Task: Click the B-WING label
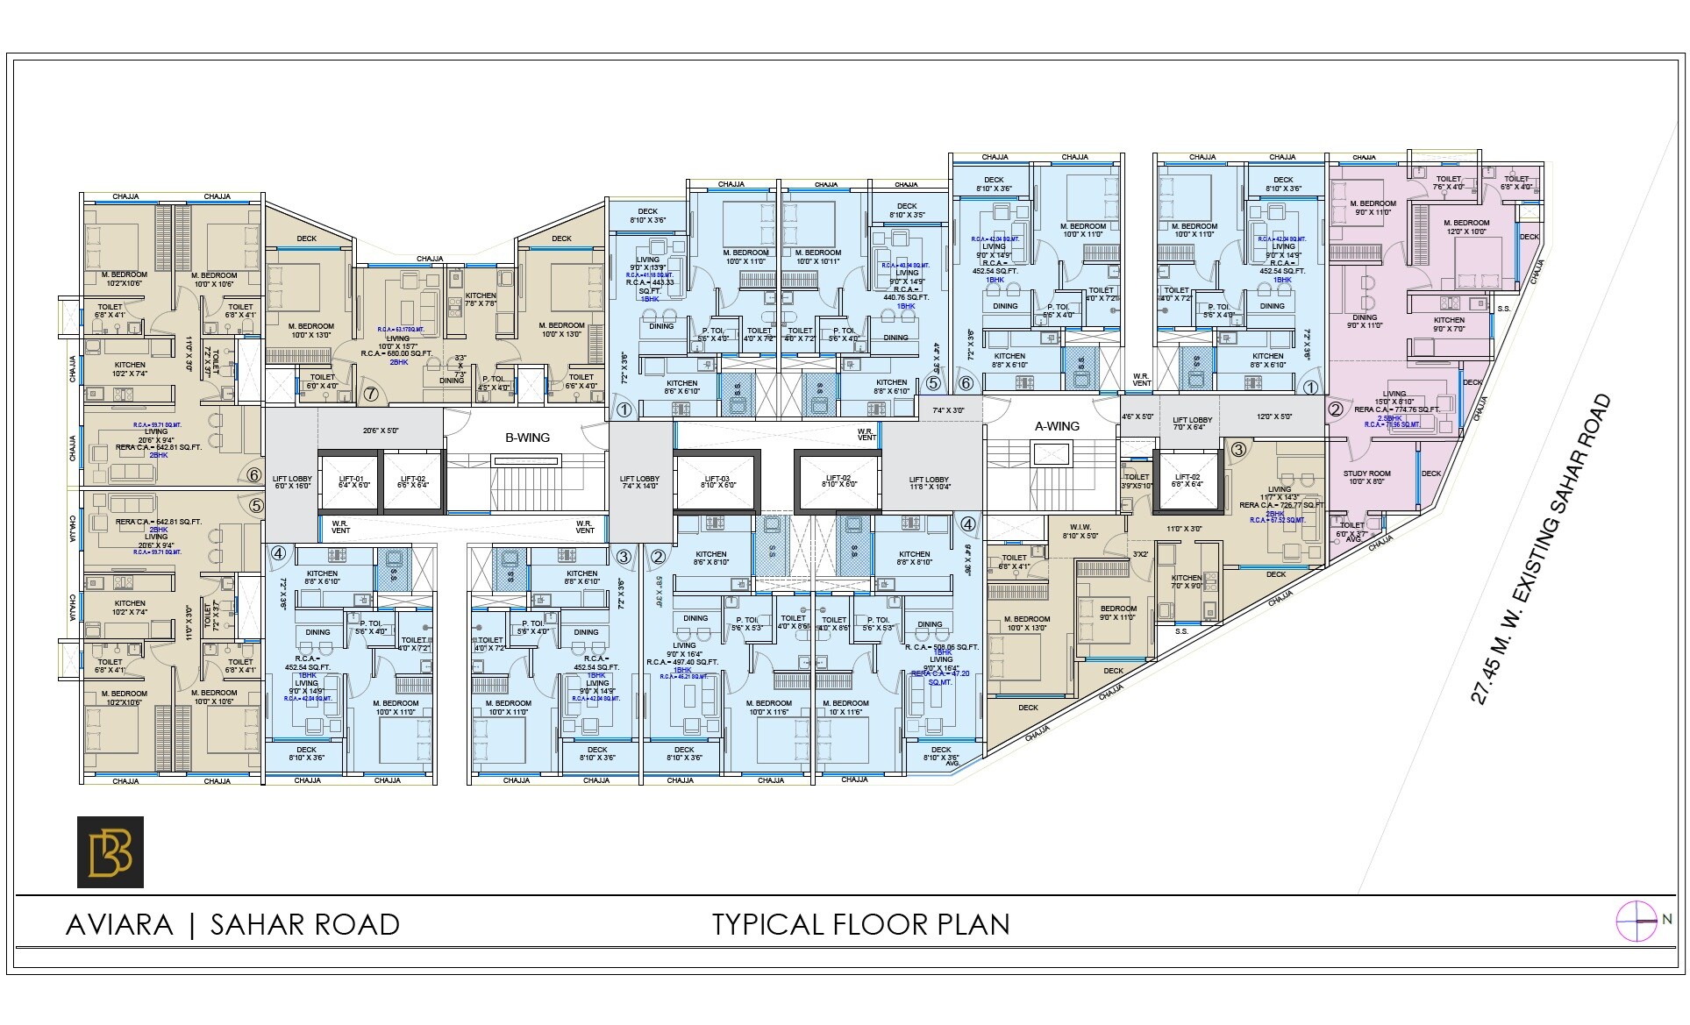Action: [x=527, y=438]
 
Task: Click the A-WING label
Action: [x=1057, y=426]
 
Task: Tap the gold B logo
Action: [x=111, y=852]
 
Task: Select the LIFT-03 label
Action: [x=717, y=480]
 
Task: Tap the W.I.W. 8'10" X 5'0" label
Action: [x=1080, y=531]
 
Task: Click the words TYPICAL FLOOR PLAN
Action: [x=860, y=925]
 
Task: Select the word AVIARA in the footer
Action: [x=119, y=925]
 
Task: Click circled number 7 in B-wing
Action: [x=371, y=395]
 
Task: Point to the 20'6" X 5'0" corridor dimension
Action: [x=381, y=431]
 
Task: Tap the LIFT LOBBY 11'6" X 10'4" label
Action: [x=929, y=482]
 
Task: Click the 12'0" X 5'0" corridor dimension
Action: [x=1273, y=417]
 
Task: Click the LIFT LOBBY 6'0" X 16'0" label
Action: [x=291, y=482]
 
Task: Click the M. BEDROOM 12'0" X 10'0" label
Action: [x=1465, y=227]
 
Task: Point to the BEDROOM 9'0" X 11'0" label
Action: [x=1117, y=612]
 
